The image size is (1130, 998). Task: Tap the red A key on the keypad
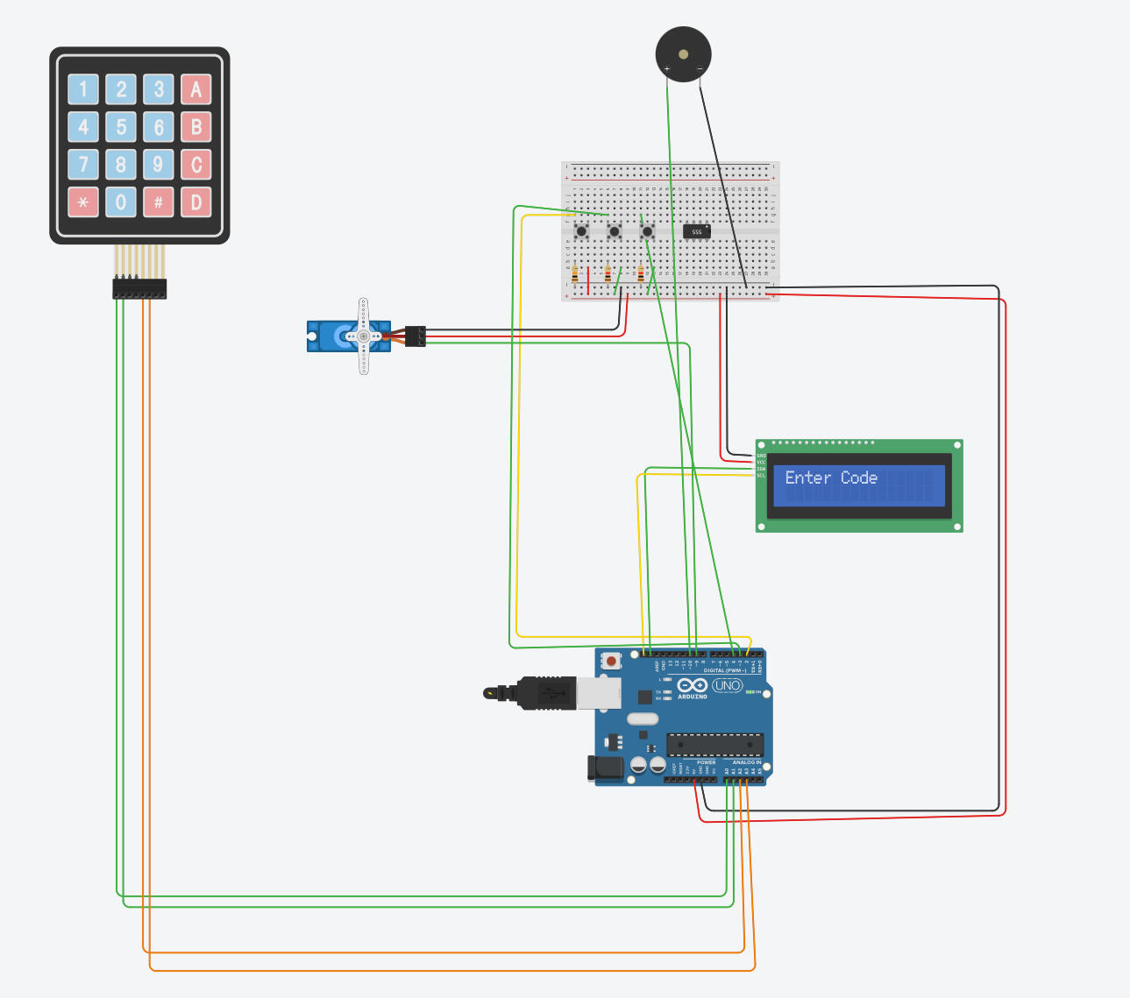[195, 89]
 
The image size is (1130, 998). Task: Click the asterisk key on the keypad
[83, 202]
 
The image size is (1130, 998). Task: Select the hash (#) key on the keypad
[159, 202]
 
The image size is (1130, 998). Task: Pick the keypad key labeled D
[195, 202]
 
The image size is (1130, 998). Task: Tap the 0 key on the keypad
[121, 202]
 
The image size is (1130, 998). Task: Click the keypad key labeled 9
[159, 165]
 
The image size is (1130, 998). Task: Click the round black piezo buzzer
[684, 54]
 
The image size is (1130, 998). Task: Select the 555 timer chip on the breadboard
[697, 231]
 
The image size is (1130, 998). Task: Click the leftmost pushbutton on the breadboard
[581, 231]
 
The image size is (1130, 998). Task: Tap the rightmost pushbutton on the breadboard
[647, 231]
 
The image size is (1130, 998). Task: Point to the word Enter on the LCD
[807, 478]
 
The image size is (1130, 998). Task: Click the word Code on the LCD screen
[859, 478]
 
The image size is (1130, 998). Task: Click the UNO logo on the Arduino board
[727, 685]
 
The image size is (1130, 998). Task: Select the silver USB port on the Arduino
[598, 692]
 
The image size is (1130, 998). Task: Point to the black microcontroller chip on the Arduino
[714, 745]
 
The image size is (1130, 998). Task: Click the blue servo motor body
[338, 336]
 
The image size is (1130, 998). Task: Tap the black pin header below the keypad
[139, 288]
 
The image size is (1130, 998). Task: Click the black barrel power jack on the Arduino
[605, 768]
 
